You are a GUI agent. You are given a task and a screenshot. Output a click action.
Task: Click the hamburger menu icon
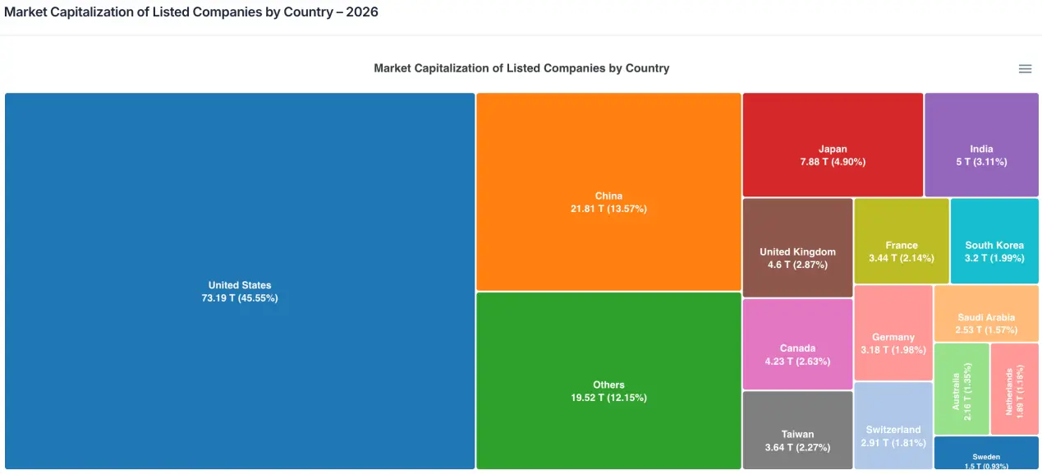point(1025,69)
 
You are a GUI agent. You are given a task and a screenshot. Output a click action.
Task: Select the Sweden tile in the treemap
point(986,453)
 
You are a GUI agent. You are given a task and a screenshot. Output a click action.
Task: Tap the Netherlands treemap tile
point(1014,389)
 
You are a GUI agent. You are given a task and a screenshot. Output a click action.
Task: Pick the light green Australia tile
point(962,389)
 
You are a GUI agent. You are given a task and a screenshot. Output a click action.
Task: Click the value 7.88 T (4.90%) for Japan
point(833,162)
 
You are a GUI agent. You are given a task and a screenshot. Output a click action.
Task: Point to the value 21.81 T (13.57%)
point(608,209)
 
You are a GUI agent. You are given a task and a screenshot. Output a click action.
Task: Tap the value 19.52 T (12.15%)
point(608,398)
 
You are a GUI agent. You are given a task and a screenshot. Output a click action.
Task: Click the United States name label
point(240,285)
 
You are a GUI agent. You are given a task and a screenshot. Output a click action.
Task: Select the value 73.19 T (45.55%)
point(240,298)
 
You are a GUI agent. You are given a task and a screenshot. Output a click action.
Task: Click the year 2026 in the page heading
point(362,13)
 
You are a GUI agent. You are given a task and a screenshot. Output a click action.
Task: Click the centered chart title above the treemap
point(521,68)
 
